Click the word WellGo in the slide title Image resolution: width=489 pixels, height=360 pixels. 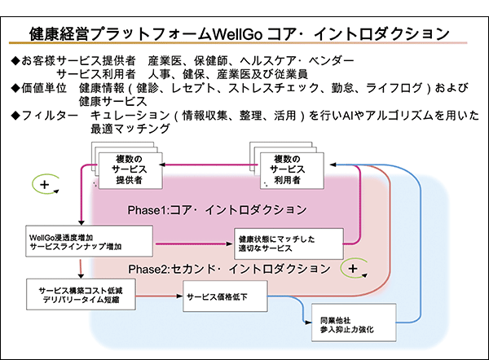[238, 34]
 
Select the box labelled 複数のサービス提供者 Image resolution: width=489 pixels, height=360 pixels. [130, 170]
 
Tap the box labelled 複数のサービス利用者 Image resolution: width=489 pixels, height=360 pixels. [292, 170]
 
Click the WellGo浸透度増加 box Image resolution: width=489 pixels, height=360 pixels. [89, 241]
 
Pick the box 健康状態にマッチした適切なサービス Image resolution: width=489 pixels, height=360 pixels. [289, 244]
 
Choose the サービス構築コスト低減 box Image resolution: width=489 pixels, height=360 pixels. [81, 294]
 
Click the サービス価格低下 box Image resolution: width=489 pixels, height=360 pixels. [225, 296]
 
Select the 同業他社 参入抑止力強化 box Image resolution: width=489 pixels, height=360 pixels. [354, 323]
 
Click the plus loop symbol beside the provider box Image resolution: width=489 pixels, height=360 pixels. [46, 184]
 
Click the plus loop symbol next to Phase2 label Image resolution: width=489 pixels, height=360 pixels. [354, 268]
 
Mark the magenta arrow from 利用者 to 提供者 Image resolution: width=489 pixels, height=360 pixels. [209, 165]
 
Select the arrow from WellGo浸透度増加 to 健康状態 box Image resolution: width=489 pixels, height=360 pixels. [194, 244]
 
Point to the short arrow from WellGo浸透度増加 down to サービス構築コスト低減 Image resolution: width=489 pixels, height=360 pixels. [81, 269]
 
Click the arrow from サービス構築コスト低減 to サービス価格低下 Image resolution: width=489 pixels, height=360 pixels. [159, 296]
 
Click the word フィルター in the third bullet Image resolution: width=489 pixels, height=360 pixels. [50, 116]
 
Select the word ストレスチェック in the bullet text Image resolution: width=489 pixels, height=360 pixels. [273, 88]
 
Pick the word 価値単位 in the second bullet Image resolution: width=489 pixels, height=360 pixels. [44, 88]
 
